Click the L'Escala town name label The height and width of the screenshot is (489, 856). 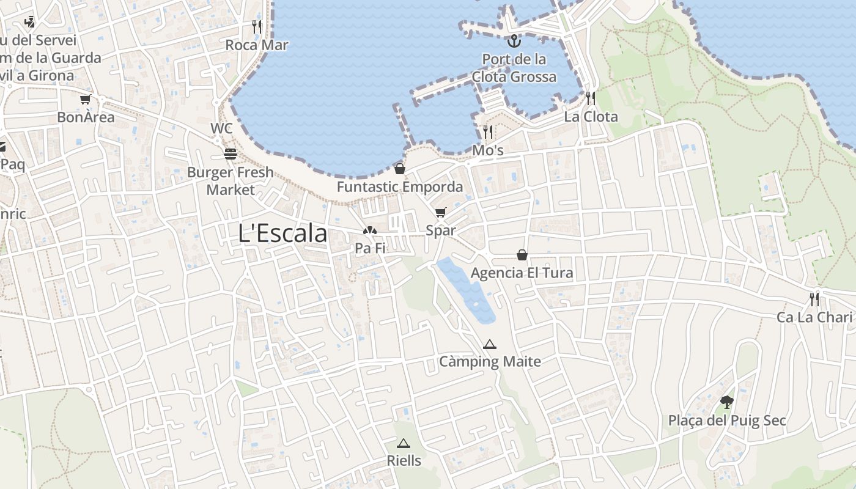pyautogui.click(x=282, y=233)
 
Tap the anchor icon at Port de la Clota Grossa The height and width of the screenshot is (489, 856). pyautogui.click(x=514, y=41)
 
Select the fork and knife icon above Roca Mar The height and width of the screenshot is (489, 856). pyautogui.click(x=257, y=26)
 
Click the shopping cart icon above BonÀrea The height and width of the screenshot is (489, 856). pyautogui.click(x=85, y=99)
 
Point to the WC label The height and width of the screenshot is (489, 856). pyautogui.click(x=221, y=128)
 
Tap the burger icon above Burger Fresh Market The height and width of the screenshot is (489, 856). pyautogui.click(x=231, y=153)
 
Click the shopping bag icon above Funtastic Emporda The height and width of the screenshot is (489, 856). pyautogui.click(x=400, y=169)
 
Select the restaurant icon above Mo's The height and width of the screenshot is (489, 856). pyautogui.click(x=488, y=131)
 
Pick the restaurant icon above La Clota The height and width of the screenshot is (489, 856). pyautogui.click(x=591, y=98)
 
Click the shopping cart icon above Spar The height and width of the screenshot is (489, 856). pyautogui.click(x=440, y=213)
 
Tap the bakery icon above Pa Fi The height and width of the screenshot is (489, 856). pyautogui.click(x=369, y=230)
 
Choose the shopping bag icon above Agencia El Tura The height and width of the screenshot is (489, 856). pyautogui.click(x=522, y=254)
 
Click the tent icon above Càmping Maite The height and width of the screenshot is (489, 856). pyautogui.click(x=489, y=344)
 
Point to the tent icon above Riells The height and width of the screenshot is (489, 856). pyautogui.click(x=403, y=443)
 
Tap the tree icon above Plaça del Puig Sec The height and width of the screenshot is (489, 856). pyautogui.click(x=726, y=402)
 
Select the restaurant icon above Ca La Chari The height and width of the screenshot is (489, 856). pyautogui.click(x=814, y=299)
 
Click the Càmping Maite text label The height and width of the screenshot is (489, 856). pyautogui.click(x=490, y=362)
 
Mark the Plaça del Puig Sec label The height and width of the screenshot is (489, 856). pyautogui.click(x=726, y=421)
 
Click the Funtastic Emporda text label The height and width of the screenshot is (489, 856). pyautogui.click(x=400, y=187)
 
